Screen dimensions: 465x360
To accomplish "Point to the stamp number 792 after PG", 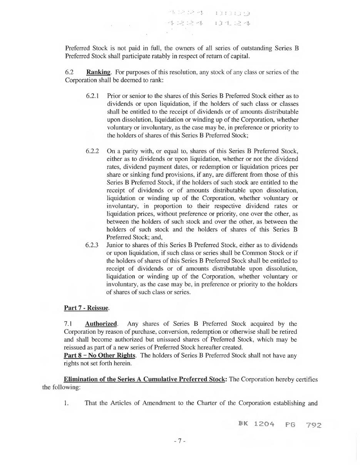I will [x=314, y=425].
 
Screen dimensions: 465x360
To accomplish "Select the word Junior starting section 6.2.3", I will [x=115, y=245].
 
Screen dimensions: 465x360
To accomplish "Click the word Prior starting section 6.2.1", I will [x=114, y=96].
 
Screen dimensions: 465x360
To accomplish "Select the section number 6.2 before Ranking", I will [x=69, y=72].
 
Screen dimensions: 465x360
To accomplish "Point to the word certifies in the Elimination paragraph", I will [x=306, y=379].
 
